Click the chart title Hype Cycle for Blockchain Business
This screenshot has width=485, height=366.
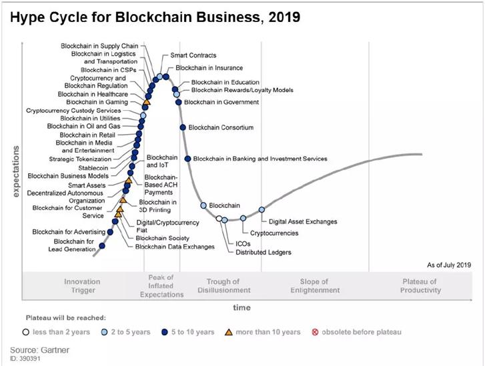coord(155,17)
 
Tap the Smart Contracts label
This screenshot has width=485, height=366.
coord(193,55)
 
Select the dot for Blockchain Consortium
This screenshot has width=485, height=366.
coord(183,127)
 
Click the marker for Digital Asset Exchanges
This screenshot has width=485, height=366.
coord(262,210)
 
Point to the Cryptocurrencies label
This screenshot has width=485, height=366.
coord(274,233)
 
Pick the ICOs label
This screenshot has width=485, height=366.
coord(243,244)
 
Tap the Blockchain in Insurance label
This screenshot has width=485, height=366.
coord(209,68)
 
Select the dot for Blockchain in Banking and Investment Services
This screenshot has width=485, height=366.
coord(187,159)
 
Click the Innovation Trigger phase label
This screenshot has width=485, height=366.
coord(82,286)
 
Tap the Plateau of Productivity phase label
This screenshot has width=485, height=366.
coord(420,286)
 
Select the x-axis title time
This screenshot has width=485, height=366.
coord(241,307)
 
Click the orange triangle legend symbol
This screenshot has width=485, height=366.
coord(229,331)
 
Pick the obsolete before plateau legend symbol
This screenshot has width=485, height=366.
coord(316,331)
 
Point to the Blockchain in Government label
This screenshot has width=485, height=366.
coord(221,102)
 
